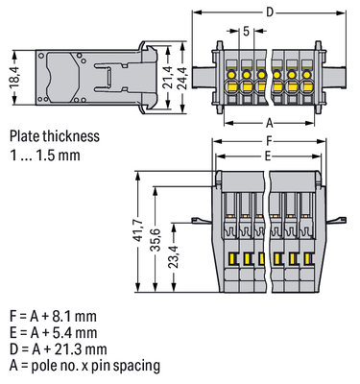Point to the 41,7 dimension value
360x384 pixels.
click(143, 242)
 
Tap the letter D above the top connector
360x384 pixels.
click(268, 11)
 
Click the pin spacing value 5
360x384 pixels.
click(247, 33)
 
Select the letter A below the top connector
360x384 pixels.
click(268, 123)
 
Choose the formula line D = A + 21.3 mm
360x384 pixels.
click(60, 348)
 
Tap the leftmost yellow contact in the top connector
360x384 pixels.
click(233, 74)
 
